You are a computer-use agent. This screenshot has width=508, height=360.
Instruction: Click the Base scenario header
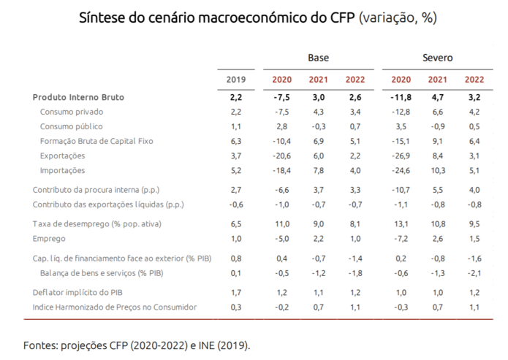(318, 57)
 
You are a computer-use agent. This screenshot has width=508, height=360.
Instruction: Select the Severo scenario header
(437, 57)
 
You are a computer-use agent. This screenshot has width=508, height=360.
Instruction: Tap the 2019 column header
(235, 79)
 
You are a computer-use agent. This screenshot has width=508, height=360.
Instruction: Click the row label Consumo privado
(72, 112)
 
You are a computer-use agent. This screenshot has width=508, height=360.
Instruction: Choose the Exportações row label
(63, 156)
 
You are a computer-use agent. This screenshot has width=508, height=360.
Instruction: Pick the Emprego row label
(50, 239)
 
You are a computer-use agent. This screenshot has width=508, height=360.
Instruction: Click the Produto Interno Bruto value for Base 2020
(282, 97)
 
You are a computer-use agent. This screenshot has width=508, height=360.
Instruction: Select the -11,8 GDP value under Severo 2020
(401, 97)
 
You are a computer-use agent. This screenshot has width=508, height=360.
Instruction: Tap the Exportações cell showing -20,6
(282, 156)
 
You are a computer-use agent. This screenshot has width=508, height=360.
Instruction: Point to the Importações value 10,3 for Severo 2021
(438, 170)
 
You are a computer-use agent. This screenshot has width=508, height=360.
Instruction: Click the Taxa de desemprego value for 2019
(235, 224)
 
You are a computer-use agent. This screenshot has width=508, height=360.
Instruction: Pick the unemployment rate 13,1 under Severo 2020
(401, 224)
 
